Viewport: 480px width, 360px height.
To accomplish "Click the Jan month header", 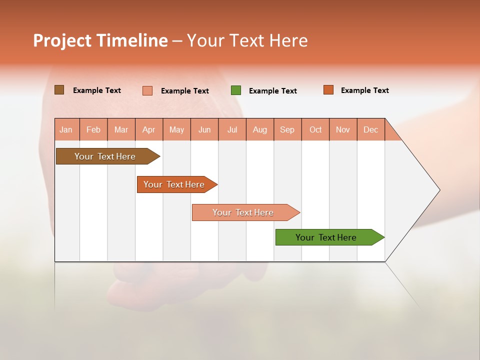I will click(x=66, y=129).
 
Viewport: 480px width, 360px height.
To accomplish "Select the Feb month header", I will click(x=93, y=129).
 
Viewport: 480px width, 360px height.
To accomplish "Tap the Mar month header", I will click(x=121, y=129).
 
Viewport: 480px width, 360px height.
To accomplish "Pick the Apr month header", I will click(x=149, y=129).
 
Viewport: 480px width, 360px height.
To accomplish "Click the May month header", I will click(x=176, y=129).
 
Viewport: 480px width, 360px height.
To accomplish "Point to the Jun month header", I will click(x=204, y=129).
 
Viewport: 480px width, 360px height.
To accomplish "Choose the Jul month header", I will click(x=232, y=129).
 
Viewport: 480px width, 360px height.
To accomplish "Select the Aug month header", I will click(x=260, y=129).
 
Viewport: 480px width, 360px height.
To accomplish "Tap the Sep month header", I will click(x=287, y=129).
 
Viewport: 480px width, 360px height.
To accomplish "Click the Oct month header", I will click(x=315, y=129).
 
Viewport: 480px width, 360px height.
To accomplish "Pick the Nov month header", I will click(x=343, y=129).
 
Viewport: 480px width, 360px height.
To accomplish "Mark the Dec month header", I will click(x=371, y=129).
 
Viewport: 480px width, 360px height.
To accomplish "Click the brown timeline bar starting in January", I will click(x=105, y=156).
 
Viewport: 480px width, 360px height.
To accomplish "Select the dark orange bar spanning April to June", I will click(x=174, y=184).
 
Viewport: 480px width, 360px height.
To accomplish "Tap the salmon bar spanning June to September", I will click(x=243, y=212).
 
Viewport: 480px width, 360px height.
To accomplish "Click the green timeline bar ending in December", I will click(x=326, y=237).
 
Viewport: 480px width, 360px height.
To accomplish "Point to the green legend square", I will click(x=236, y=90).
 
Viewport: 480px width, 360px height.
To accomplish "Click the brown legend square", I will click(x=59, y=90).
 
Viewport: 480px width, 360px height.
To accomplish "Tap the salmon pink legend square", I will click(x=147, y=90).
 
